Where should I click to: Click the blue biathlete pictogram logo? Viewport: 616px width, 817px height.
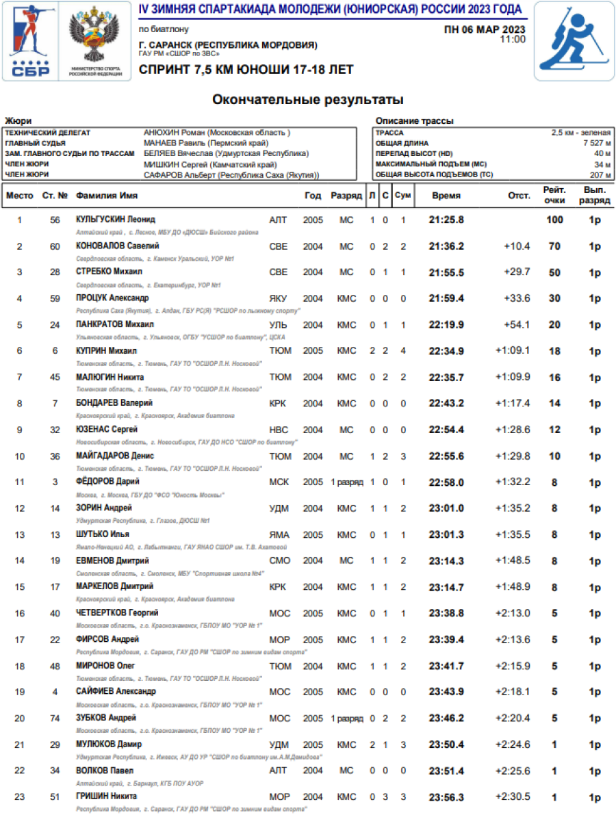point(574,40)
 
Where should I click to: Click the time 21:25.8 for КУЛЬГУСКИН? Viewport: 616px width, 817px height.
point(446,220)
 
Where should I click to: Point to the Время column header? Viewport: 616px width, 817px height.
point(446,196)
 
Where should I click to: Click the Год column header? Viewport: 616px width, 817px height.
point(313,196)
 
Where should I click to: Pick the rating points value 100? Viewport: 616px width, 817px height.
point(554,220)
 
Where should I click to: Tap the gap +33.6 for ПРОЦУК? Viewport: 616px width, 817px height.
point(517,298)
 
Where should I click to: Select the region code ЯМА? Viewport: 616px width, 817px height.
point(279,534)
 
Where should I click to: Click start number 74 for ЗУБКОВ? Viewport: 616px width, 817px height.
point(55,718)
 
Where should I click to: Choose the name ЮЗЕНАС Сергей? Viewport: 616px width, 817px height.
point(106,430)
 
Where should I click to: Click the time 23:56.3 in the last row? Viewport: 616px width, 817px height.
point(446,796)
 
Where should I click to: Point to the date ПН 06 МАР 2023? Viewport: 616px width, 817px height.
point(485,29)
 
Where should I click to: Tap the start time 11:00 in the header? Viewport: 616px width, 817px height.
point(513,40)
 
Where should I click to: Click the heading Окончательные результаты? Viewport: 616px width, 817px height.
point(307,100)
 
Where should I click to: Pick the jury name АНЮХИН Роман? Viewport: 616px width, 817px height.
point(217,133)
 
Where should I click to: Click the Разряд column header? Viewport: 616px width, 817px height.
point(346,196)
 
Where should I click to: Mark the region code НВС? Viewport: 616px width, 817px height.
point(279,430)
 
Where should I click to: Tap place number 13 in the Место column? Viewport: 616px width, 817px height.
point(19,534)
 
